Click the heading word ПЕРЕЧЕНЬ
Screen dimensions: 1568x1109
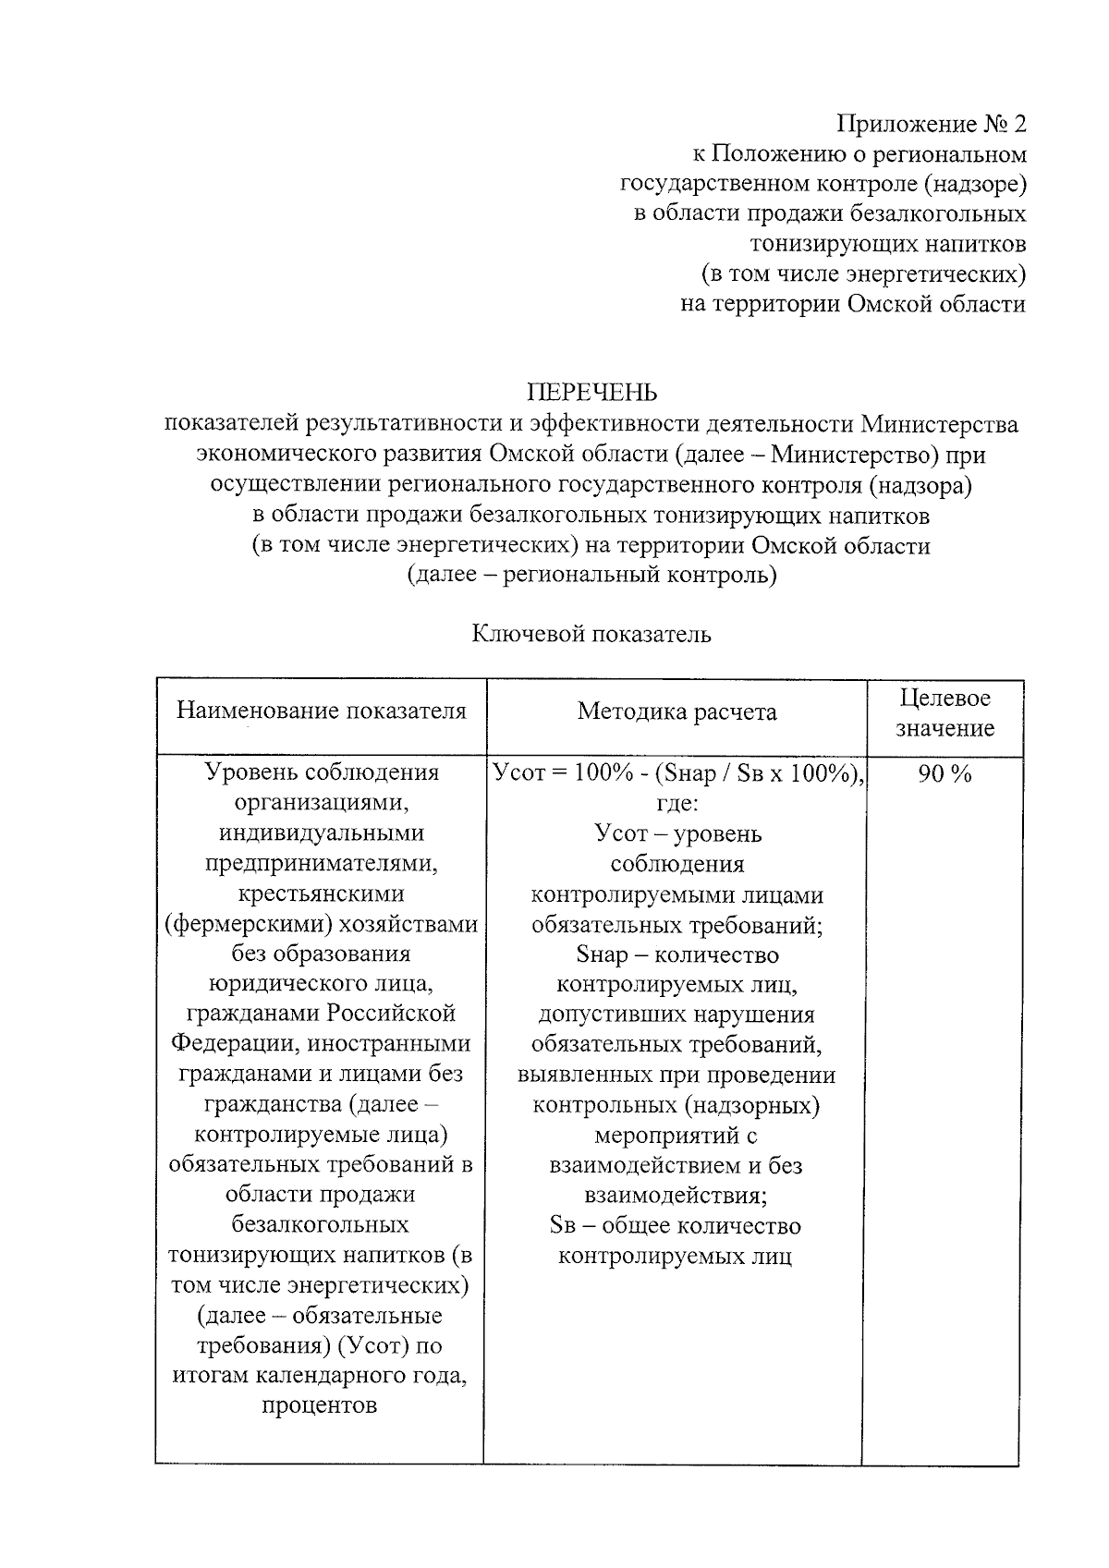tap(591, 393)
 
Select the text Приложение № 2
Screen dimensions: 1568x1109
tap(931, 123)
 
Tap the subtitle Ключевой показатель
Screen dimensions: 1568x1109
tap(591, 634)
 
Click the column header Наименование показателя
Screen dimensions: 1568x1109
tap(322, 711)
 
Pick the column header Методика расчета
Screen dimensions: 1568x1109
tap(676, 711)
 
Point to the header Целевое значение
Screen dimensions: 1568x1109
tap(944, 712)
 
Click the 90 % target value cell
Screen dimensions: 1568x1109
tap(944, 774)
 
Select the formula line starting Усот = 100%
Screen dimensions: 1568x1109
tap(678, 773)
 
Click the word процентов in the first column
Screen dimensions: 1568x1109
tap(321, 1406)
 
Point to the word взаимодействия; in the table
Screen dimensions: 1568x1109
tap(676, 1196)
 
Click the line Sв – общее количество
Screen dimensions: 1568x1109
tap(676, 1226)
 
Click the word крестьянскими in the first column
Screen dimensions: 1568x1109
tap(321, 893)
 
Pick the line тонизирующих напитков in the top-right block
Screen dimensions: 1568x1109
tap(887, 244)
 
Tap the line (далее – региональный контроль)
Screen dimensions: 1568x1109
tap(591, 575)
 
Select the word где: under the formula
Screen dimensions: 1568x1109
tap(676, 803)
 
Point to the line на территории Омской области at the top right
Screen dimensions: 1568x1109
tap(852, 304)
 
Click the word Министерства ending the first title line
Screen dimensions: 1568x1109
tap(940, 424)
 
